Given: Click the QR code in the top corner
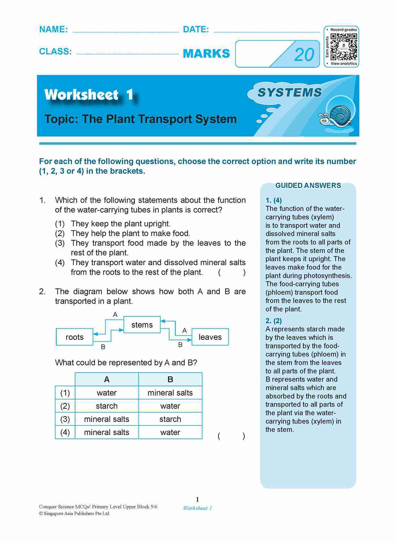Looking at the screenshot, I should click(x=344, y=46).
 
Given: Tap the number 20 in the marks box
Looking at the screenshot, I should click(x=304, y=54).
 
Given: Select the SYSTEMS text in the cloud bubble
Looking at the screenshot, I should click(x=289, y=93).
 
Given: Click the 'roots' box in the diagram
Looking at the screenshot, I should click(x=74, y=337).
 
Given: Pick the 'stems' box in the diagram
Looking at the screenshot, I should click(x=142, y=325).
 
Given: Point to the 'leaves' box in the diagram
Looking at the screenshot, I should click(x=210, y=337).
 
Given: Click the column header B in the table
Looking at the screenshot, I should click(x=170, y=379).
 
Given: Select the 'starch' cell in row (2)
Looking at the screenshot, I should click(x=107, y=406).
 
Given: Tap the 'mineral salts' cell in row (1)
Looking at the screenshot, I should click(x=170, y=393).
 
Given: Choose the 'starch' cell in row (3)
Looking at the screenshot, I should click(x=170, y=419).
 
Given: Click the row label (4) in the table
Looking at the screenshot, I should click(x=65, y=432).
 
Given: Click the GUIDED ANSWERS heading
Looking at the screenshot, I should click(x=308, y=186).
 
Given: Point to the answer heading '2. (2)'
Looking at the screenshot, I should click(x=274, y=321).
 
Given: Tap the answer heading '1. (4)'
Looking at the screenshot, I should click(x=274, y=200).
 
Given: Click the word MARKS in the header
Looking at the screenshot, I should click(x=206, y=54).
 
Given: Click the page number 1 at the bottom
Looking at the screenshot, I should click(x=197, y=499).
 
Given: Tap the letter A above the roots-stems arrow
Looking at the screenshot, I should click(x=115, y=314).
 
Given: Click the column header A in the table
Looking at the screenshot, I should click(x=107, y=379).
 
